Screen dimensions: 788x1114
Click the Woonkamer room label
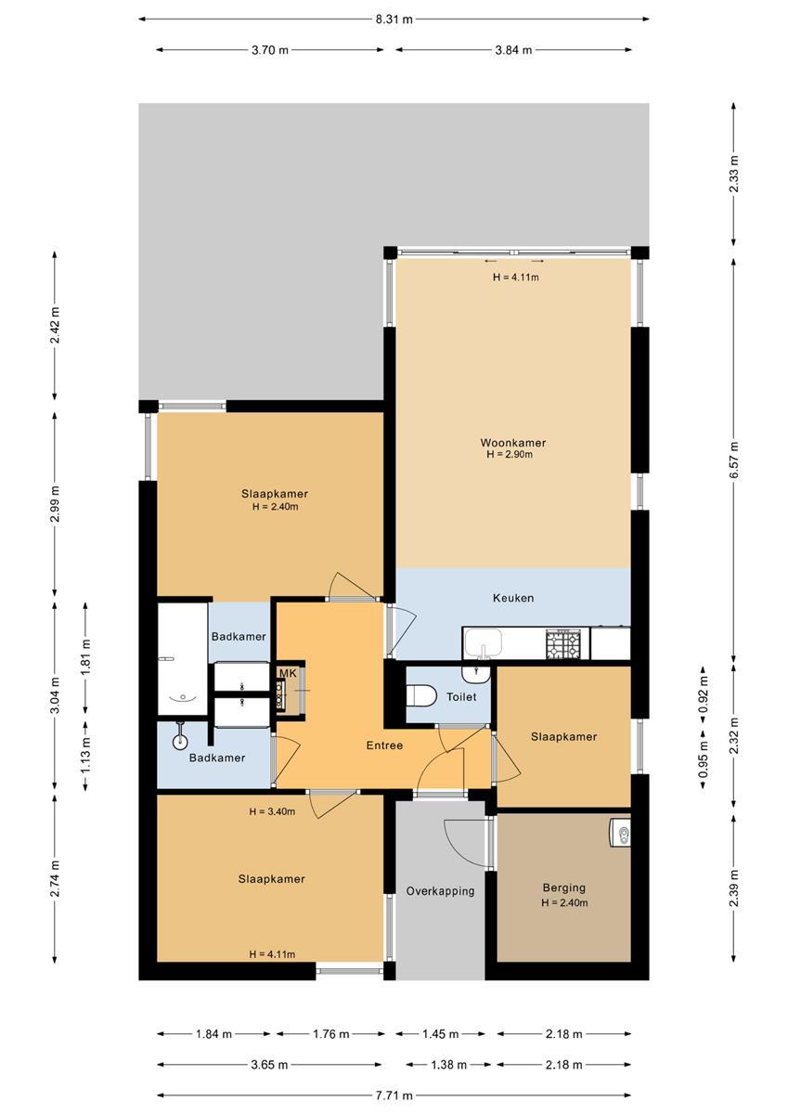[512, 442]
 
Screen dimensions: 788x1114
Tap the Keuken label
[513, 598]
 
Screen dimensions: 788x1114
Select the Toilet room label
[461, 697]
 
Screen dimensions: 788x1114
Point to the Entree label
[384, 745]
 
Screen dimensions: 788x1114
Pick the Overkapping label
[440, 890]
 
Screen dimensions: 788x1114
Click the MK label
[288, 673]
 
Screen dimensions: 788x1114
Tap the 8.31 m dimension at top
[394, 19]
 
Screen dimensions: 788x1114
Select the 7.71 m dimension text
[394, 1095]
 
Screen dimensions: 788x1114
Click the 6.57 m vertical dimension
[734, 460]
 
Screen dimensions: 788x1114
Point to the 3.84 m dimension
[513, 50]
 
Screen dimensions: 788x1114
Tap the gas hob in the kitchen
[563, 644]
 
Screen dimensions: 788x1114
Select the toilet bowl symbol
[421, 694]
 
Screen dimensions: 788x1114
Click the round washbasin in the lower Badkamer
[180, 742]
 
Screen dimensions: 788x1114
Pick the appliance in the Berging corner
[619, 831]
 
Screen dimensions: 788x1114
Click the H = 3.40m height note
[272, 811]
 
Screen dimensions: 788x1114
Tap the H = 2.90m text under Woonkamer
[510, 454]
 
